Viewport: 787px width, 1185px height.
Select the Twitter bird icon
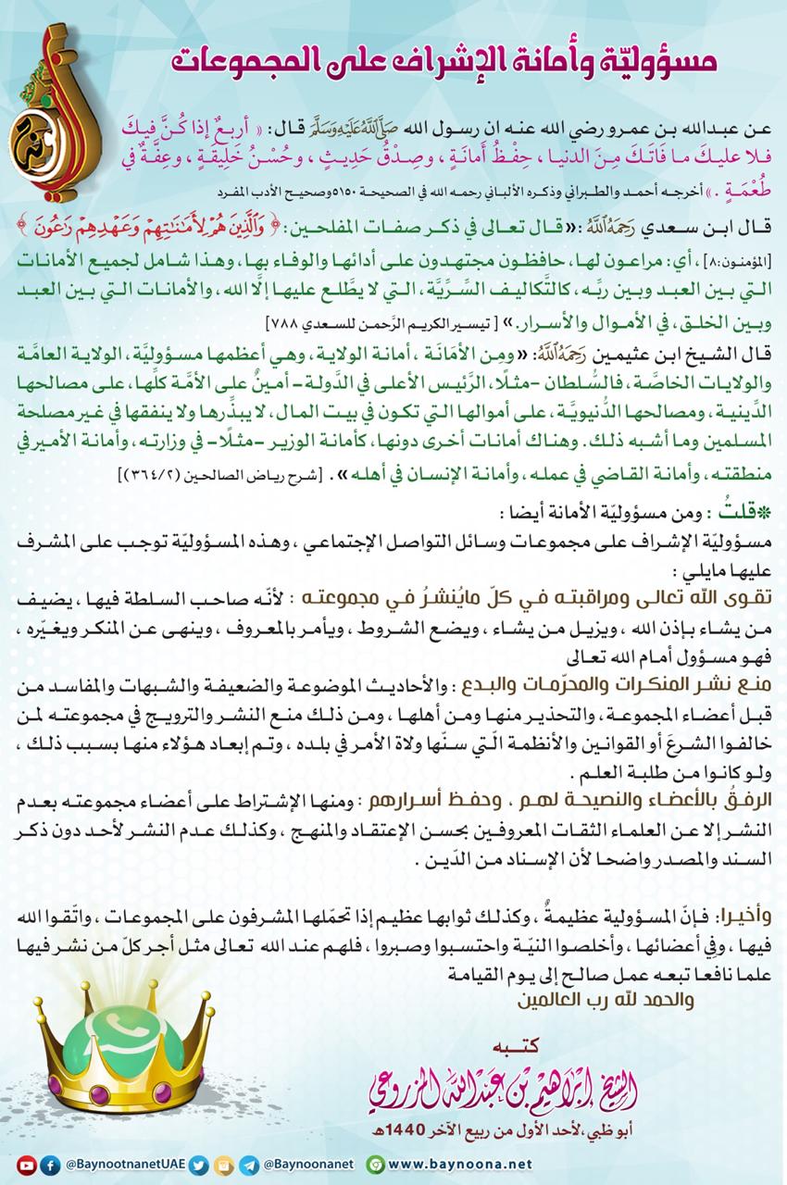[x=216, y=1163]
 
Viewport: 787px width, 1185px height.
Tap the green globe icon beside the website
[x=374, y=1164]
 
